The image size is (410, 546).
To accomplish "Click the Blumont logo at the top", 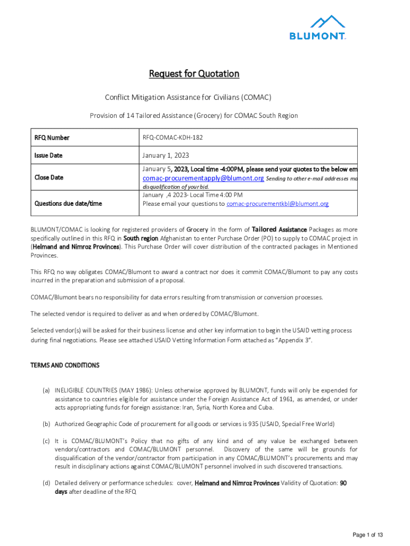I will click(x=318, y=28).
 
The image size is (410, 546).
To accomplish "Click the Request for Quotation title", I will click(x=194, y=74).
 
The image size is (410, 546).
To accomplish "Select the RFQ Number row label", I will click(x=52, y=138).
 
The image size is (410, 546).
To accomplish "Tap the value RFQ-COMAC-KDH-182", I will click(x=172, y=138).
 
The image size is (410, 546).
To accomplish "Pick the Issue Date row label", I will click(x=48, y=156).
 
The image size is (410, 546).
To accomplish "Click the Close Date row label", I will click(x=49, y=178).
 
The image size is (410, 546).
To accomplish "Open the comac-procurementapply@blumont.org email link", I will click(x=203, y=178).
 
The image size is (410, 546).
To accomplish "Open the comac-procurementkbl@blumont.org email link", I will click(x=277, y=204).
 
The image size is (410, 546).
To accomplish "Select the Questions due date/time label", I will click(x=68, y=203).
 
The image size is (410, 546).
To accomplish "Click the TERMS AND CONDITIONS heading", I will click(x=65, y=365).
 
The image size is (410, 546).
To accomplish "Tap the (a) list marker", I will click(x=47, y=391).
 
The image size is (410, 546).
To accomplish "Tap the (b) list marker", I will click(x=47, y=424).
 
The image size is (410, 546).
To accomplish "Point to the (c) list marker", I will click(x=47, y=441).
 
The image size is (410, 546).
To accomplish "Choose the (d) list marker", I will click(x=47, y=483).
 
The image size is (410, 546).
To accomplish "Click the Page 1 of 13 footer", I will click(x=367, y=535).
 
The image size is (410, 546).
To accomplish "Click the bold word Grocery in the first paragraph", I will click(x=197, y=230).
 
